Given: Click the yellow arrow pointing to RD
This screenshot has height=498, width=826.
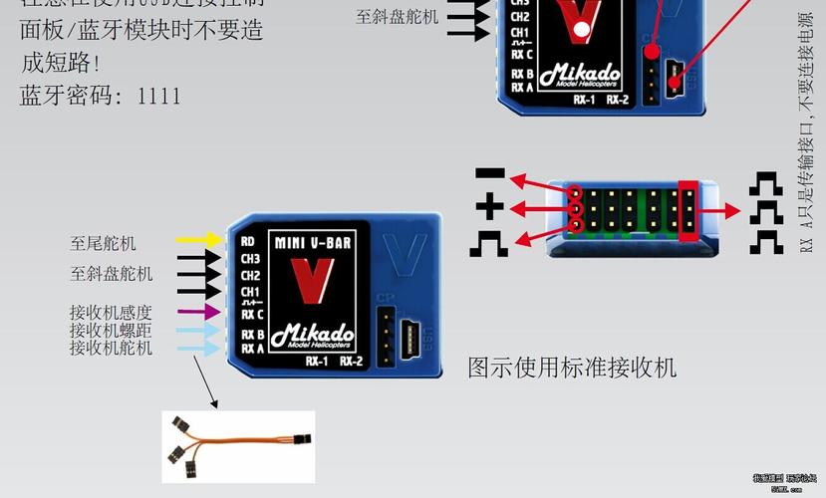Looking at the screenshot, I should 199,240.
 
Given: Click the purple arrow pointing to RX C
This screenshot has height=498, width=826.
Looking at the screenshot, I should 199,313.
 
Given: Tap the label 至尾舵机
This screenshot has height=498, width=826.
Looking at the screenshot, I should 104,243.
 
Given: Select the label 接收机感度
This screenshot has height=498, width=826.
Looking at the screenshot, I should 111,313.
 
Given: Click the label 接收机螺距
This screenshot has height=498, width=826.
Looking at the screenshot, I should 111,330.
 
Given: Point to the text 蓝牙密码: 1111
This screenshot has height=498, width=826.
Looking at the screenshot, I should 101,97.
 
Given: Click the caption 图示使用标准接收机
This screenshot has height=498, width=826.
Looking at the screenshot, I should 572,368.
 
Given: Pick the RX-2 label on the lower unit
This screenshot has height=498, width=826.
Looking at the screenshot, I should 352,361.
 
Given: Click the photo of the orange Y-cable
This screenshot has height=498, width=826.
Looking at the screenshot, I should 238,447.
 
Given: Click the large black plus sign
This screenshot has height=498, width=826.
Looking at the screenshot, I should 489,208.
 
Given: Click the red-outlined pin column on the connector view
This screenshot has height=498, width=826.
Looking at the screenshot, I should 687,209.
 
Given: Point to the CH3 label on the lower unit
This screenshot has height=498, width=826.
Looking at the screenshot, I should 251,258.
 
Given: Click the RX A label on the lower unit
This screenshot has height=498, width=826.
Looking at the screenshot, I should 253,349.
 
